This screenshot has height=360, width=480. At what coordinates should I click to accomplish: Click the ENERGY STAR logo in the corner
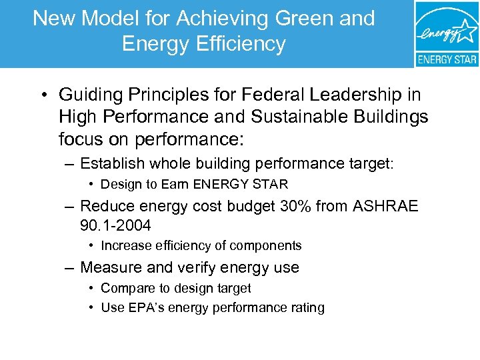click(x=446, y=33)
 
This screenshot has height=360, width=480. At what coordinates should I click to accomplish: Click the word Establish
click(x=110, y=163)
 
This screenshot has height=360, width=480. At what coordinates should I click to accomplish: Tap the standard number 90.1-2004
click(x=115, y=226)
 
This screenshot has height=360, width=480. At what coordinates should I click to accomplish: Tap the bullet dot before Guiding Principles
click(x=41, y=95)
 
